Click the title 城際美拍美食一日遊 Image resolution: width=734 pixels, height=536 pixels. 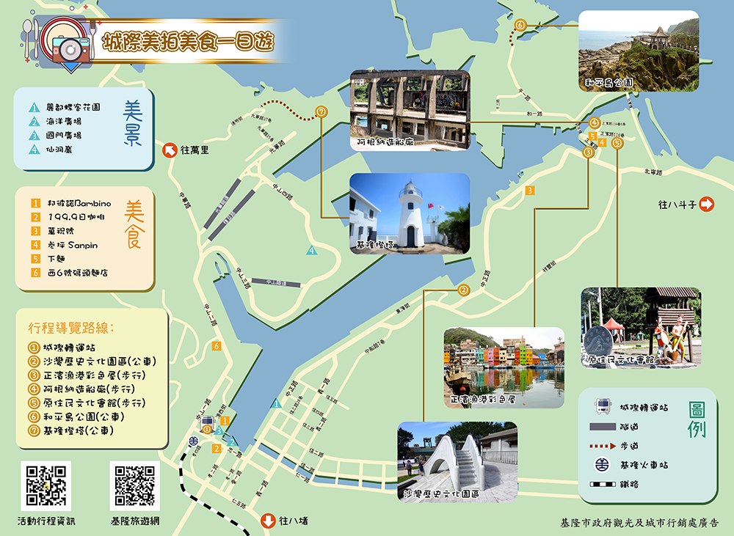tap(189, 40)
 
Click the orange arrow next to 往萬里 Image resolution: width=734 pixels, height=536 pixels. tap(169, 150)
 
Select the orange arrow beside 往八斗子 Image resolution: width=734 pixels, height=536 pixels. tap(707, 205)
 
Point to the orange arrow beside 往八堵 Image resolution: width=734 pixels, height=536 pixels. tap(269, 521)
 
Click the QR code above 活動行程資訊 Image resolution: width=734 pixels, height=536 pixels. tap(46, 485)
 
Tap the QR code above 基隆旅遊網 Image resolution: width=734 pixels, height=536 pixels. tap(135, 485)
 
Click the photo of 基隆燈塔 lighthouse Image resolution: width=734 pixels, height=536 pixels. tap(410, 213)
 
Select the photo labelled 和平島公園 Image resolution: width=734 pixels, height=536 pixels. tap(638, 51)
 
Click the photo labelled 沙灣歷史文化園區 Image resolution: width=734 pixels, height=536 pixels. tap(457, 461)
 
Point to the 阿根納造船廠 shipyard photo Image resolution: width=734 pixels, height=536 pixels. tap(410, 110)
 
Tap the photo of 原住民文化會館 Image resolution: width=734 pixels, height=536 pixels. tap(641, 327)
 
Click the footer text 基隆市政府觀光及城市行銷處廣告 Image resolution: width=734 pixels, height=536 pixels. tap(638, 523)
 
